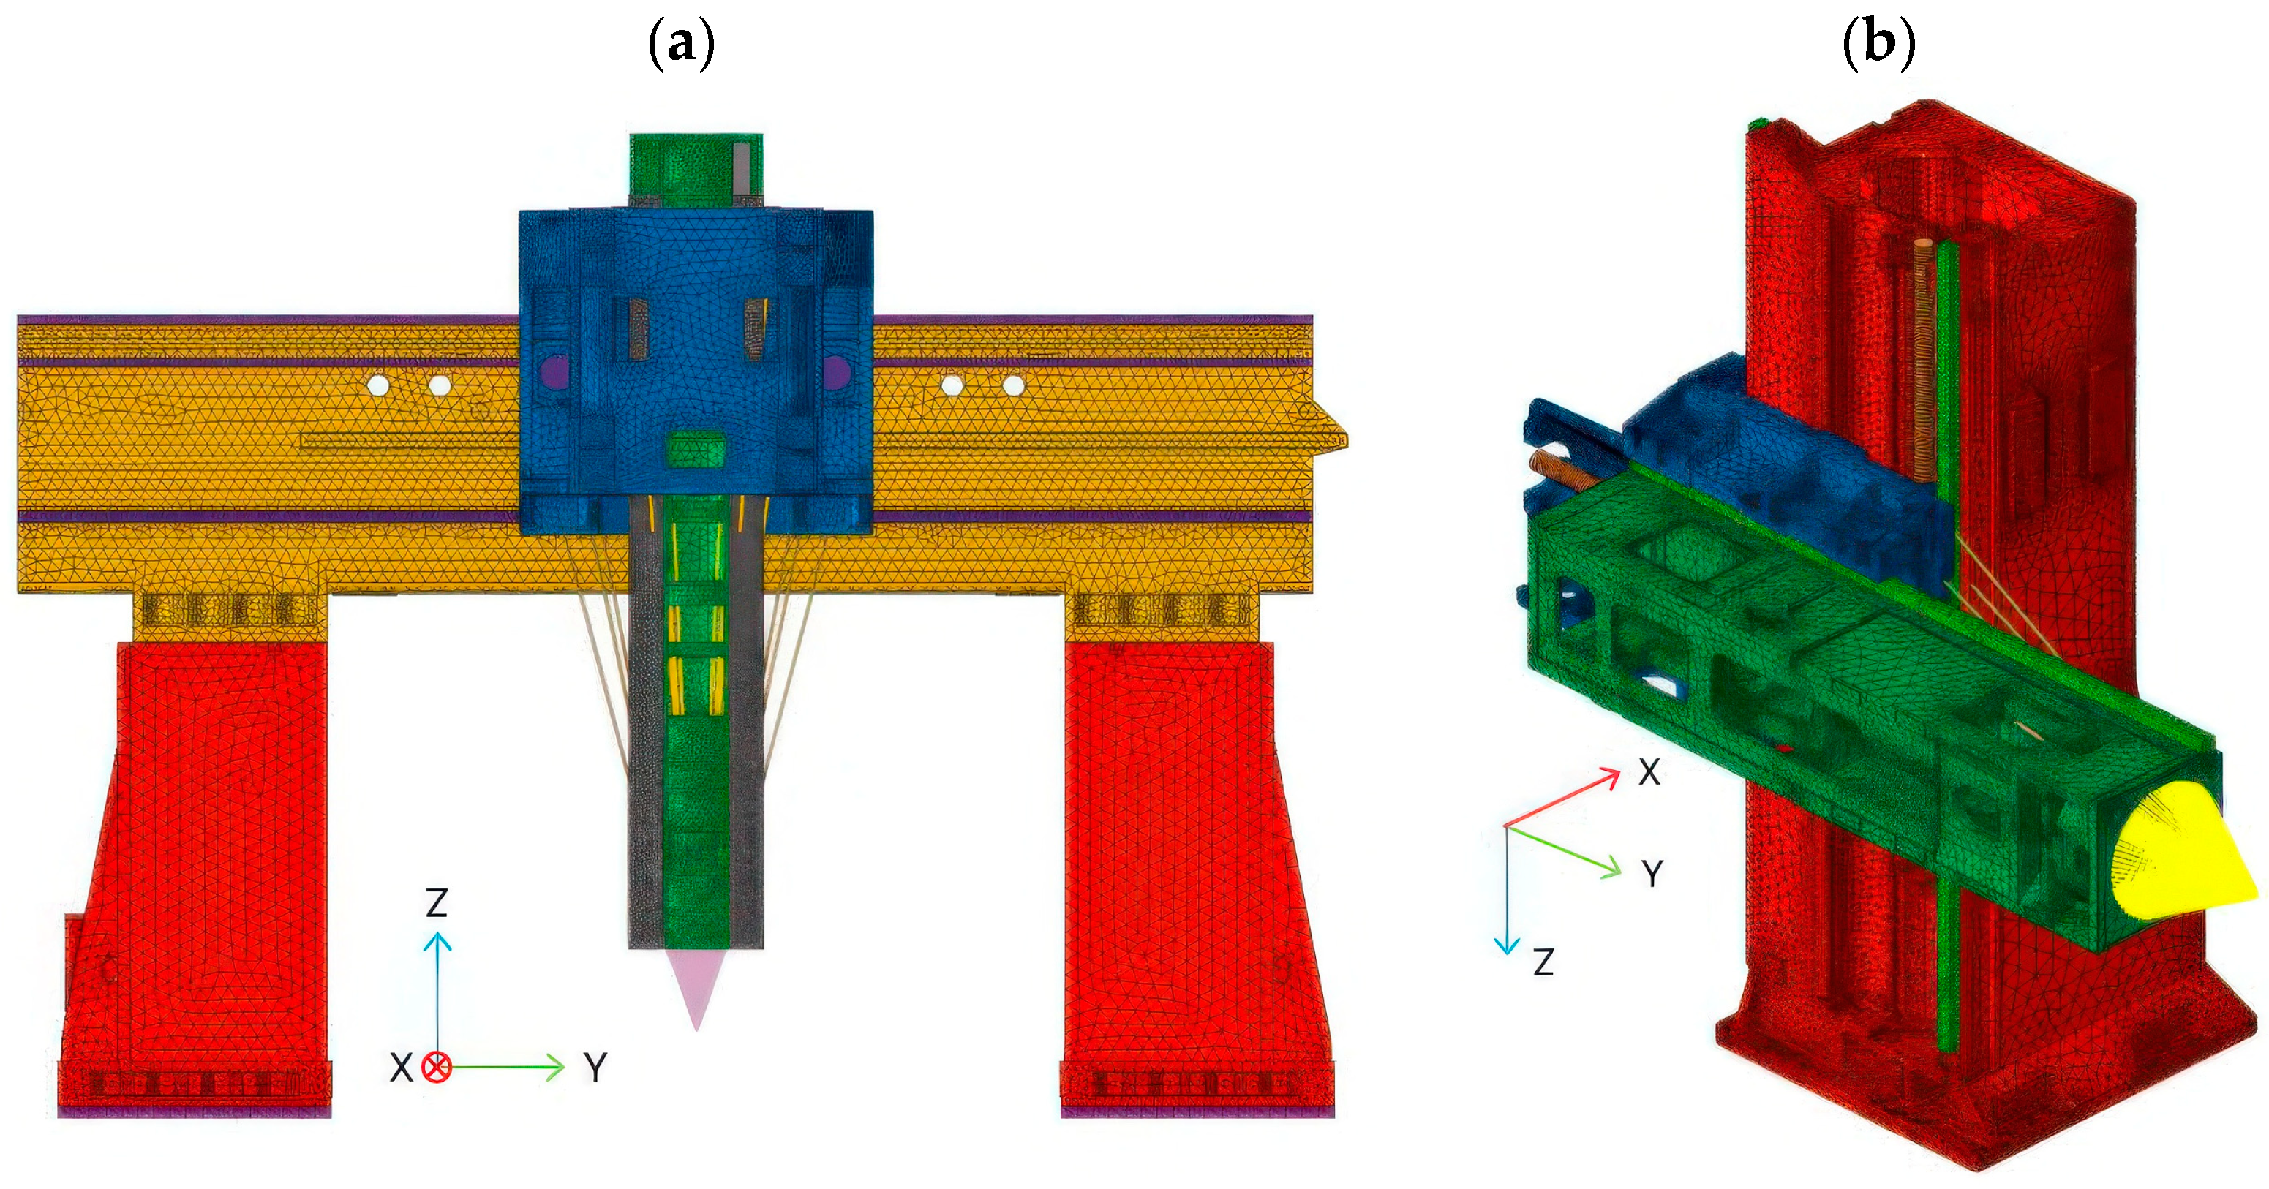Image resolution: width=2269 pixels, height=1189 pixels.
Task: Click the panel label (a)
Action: [681, 42]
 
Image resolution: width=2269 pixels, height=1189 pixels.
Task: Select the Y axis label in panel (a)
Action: [596, 1068]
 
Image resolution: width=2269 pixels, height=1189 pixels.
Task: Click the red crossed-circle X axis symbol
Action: [436, 1068]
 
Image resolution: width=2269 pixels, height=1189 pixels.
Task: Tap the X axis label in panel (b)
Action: [1649, 772]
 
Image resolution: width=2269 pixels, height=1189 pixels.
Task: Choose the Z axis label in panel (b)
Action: [1543, 962]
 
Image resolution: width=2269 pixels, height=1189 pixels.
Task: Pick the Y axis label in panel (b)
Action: [1652, 874]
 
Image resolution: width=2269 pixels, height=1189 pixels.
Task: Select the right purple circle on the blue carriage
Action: [836, 371]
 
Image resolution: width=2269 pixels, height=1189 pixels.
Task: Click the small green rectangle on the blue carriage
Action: [696, 448]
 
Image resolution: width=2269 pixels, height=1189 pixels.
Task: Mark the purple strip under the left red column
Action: [195, 1112]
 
